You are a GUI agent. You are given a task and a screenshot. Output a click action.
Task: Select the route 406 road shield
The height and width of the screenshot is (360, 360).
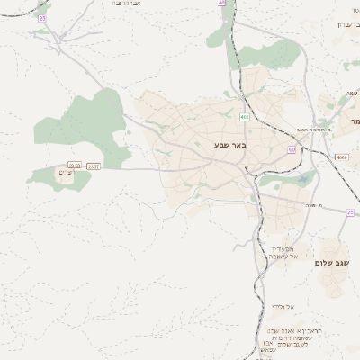click(x=244, y=117)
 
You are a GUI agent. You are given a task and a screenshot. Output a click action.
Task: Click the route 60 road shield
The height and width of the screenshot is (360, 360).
click(x=292, y=149)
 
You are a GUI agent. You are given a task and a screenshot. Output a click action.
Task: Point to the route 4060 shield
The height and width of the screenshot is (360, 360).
click(x=341, y=157)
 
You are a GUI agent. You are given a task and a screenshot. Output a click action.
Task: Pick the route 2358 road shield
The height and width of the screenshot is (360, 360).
click(x=75, y=166)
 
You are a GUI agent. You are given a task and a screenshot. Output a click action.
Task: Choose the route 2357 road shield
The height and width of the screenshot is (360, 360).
click(x=94, y=166)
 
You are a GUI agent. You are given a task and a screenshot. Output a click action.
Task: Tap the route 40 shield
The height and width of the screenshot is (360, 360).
click(x=221, y=4)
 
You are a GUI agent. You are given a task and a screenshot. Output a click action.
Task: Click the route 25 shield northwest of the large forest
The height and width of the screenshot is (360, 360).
click(x=42, y=18)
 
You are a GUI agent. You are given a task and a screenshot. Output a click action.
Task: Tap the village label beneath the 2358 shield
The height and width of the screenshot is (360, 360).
click(x=65, y=172)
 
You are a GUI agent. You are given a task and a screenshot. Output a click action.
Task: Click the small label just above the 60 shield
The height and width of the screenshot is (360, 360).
click(x=304, y=130)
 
